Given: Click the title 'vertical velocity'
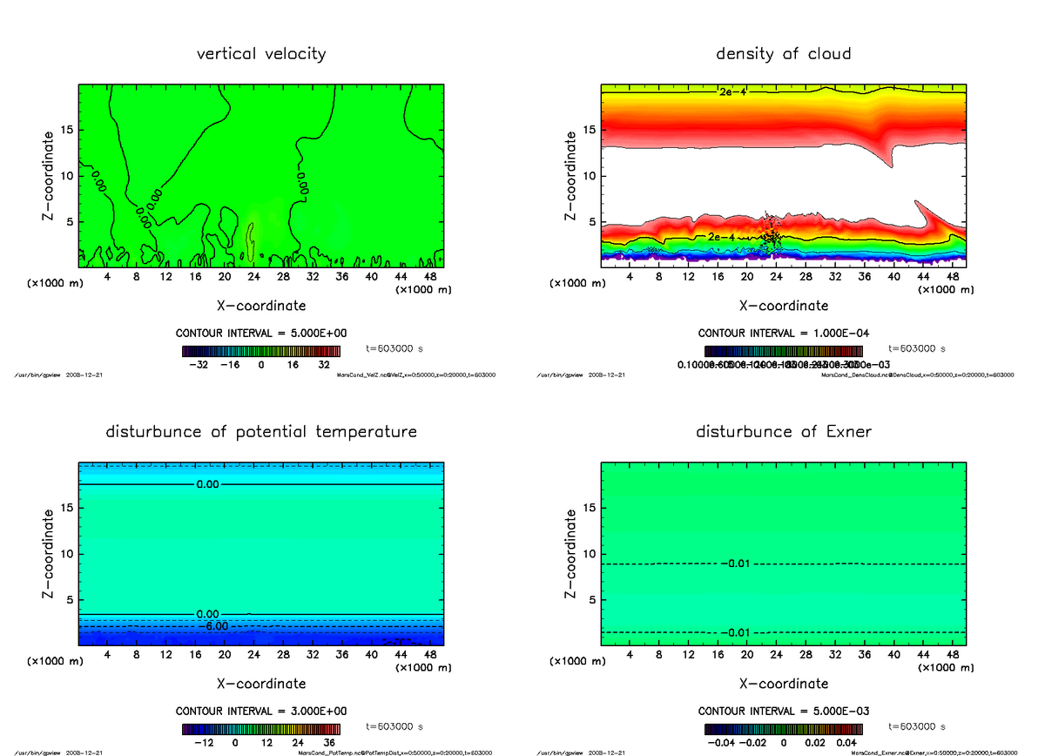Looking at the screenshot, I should pyautogui.click(x=261, y=54).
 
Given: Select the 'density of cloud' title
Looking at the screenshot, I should pyautogui.click(x=783, y=54).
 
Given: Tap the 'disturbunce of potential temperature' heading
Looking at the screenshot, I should pyautogui.click(x=261, y=432).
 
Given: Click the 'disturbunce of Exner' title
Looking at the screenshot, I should pyautogui.click(x=783, y=432).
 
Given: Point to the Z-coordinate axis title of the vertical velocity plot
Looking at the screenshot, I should pyautogui.click(x=50, y=175).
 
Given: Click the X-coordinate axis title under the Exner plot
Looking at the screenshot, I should pyautogui.click(x=784, y=684).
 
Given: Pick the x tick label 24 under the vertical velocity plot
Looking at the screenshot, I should pyautogui.click(x=253, y=276).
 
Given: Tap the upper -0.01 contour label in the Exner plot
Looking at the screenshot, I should pyautogui.click(x=736, y=564).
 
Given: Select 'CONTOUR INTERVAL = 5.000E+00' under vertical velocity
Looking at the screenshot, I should pyautogui.click(x=261, y=334).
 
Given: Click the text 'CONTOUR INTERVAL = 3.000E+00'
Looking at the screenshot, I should pyautogui.click(x=261, y=712).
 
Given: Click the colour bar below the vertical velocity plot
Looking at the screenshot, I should pyautogui.click(x=261, y=351).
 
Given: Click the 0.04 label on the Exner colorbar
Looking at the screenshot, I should pyautogui.click(x=846, y=743).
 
